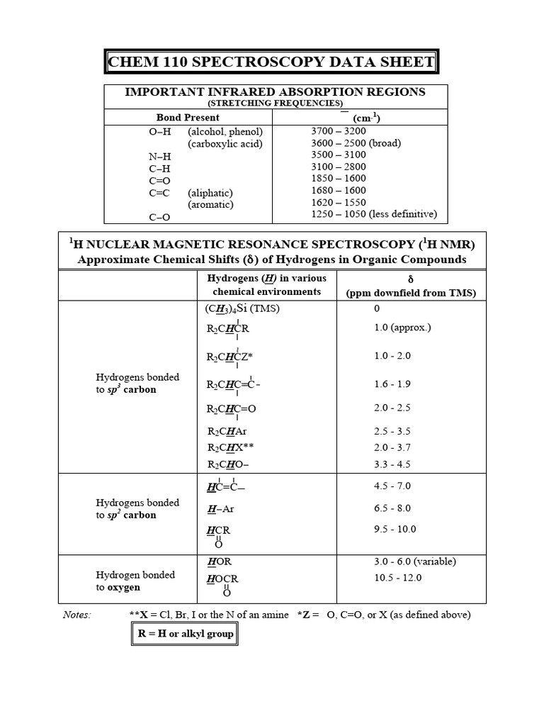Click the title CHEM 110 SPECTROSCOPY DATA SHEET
(271, 62)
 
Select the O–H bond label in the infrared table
(159, 132)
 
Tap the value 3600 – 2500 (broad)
(356, 143)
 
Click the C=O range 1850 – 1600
(339, 179)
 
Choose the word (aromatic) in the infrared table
(210, 205)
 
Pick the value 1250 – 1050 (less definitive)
(374, 214)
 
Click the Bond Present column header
(188, 118)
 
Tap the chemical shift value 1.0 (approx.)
(402, 328)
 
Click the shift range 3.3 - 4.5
(392, 464)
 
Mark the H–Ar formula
(220, 509)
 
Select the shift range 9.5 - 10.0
(395, 530)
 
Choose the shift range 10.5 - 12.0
(397, 578)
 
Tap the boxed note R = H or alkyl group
(185, 634)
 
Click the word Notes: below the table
(76, 615)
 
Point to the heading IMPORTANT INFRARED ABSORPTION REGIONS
(275, 92)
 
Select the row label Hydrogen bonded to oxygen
(135, 581)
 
